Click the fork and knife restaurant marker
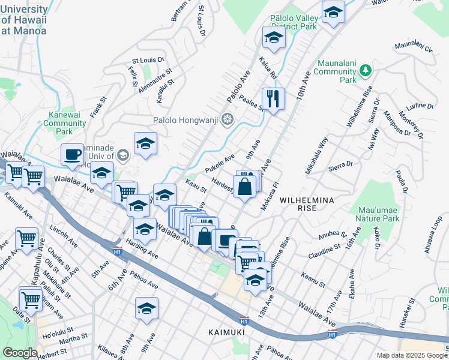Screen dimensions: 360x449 pos(274,98)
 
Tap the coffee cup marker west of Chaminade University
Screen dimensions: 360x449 pos(72,154)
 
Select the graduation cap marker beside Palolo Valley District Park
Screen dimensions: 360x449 pos(274,38)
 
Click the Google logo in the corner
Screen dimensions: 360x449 pos(20,353)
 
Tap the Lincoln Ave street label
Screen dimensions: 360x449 pos(64,231)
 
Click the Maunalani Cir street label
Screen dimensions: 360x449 pos(414,47)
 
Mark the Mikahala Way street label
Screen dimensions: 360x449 pos(316,156)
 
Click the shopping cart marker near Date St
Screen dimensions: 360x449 pos(31,299)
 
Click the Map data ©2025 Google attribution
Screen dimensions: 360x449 pos(412,355)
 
